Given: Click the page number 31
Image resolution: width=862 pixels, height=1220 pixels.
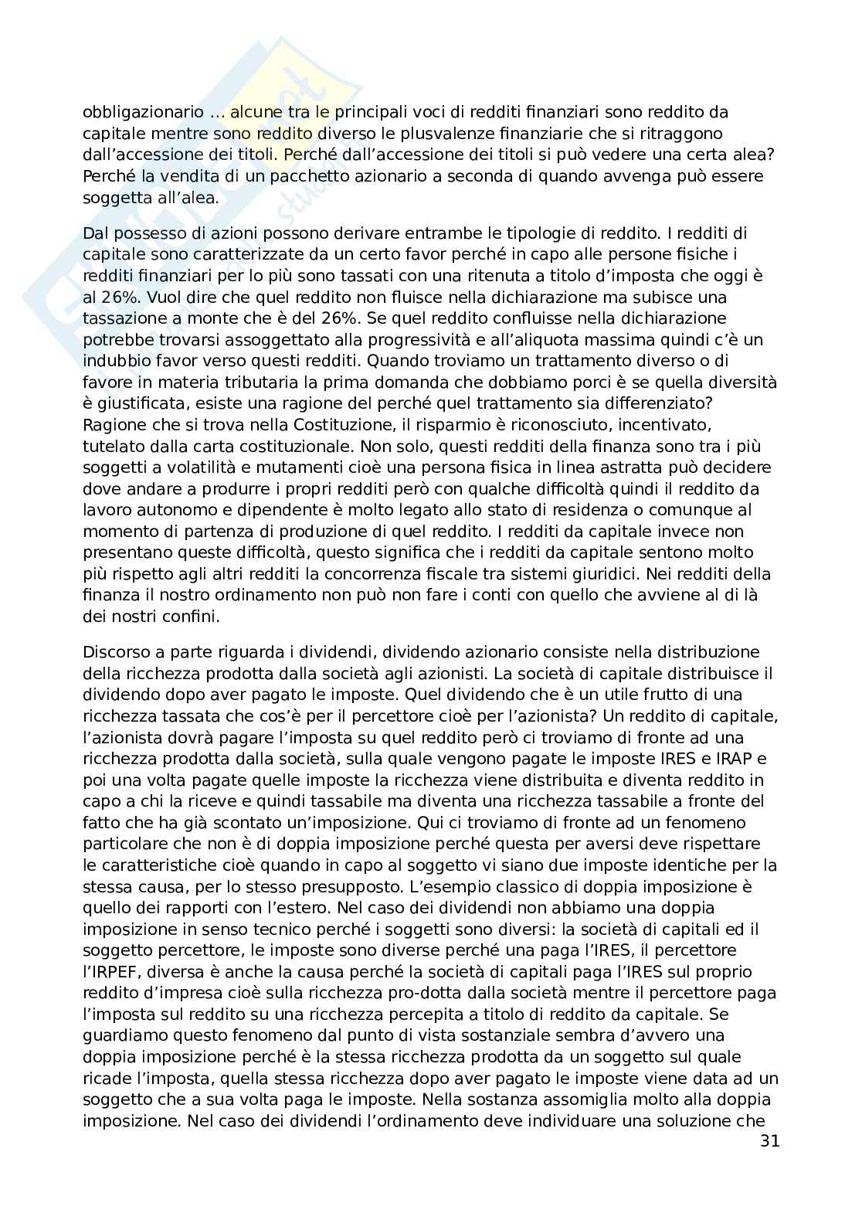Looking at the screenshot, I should [769, 1141].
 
